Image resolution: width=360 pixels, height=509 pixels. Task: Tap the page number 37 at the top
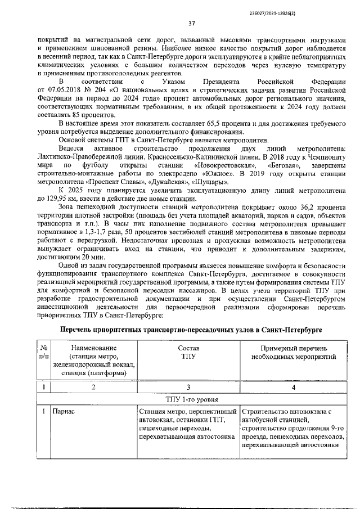(x=191, y=23)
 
